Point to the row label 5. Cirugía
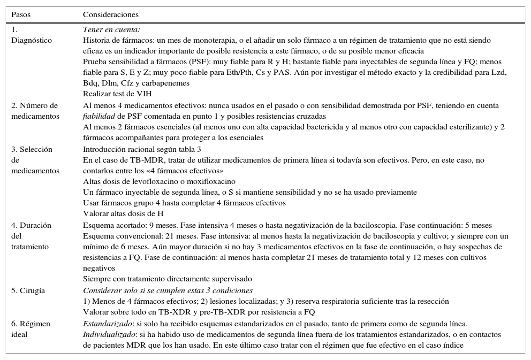[28, 290]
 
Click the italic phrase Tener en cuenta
[111, 30]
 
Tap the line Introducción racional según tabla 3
[142, 149]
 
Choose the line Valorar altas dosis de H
[124, 213]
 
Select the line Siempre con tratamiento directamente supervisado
[167, 279]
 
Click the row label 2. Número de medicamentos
[35, 111]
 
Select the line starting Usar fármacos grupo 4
[184, 203]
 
